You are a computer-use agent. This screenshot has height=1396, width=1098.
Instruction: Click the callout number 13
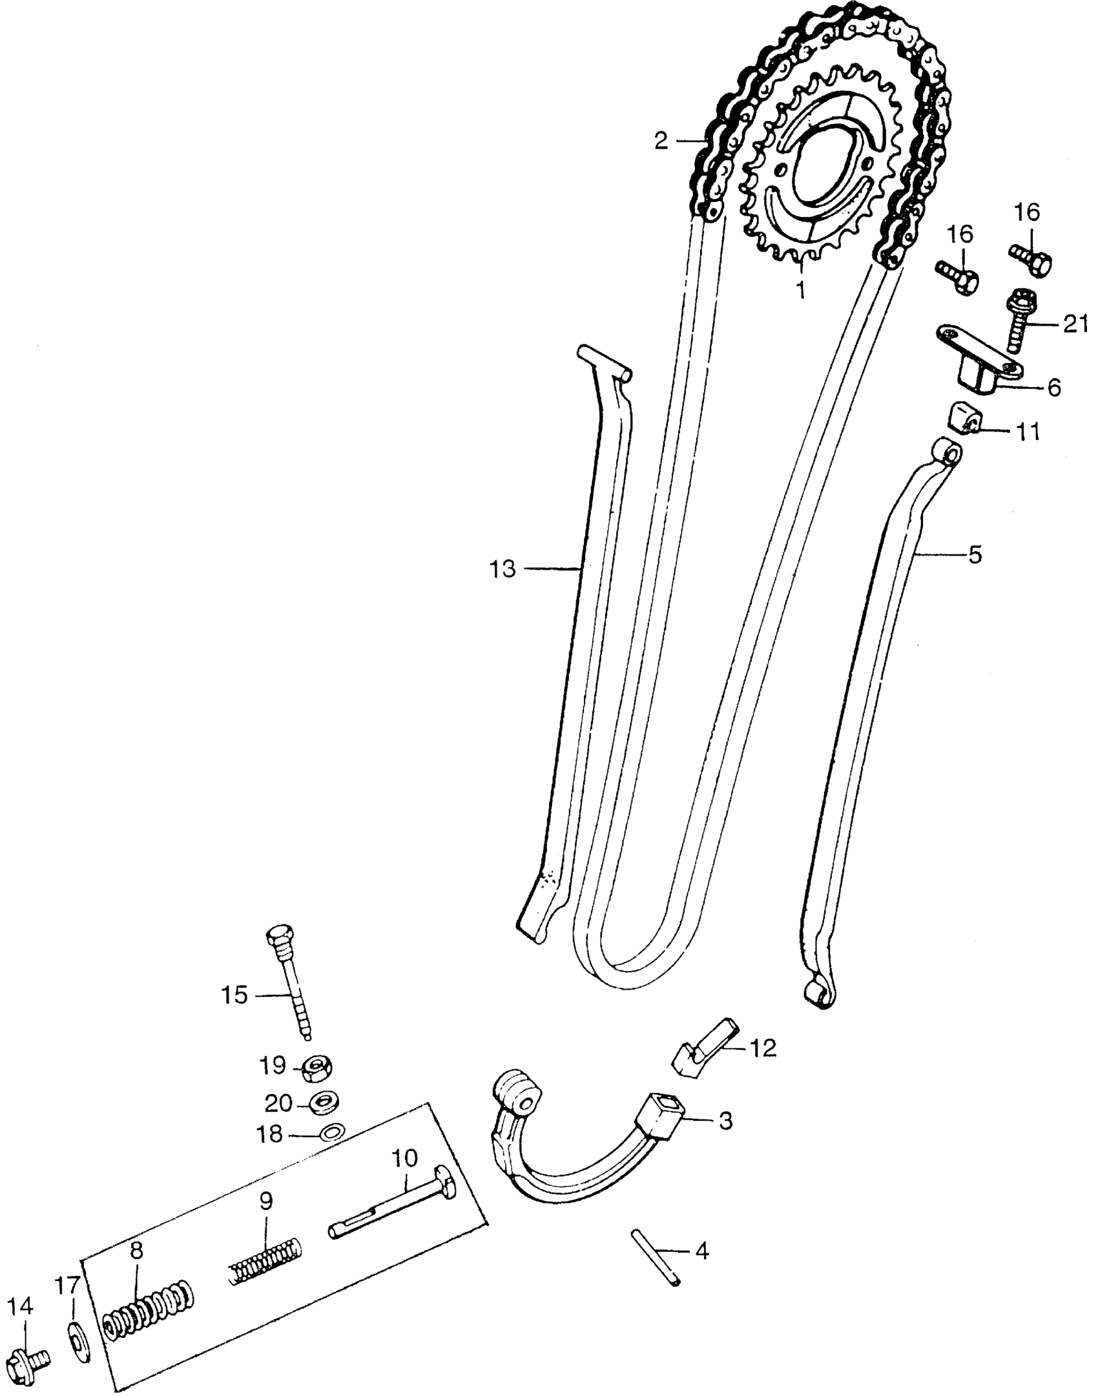coord(502,569)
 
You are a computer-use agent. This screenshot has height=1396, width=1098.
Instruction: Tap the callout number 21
coord(1075,324)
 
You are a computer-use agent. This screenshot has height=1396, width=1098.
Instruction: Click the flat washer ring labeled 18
coord(333,1132)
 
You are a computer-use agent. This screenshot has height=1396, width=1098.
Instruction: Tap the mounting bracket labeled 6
coord(977,365)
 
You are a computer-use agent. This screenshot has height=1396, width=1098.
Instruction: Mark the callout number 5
coord(975,554)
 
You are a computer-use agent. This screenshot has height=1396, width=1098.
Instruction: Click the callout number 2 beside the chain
coord(661,141)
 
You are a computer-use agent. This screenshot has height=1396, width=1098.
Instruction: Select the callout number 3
coord(725,1121)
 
